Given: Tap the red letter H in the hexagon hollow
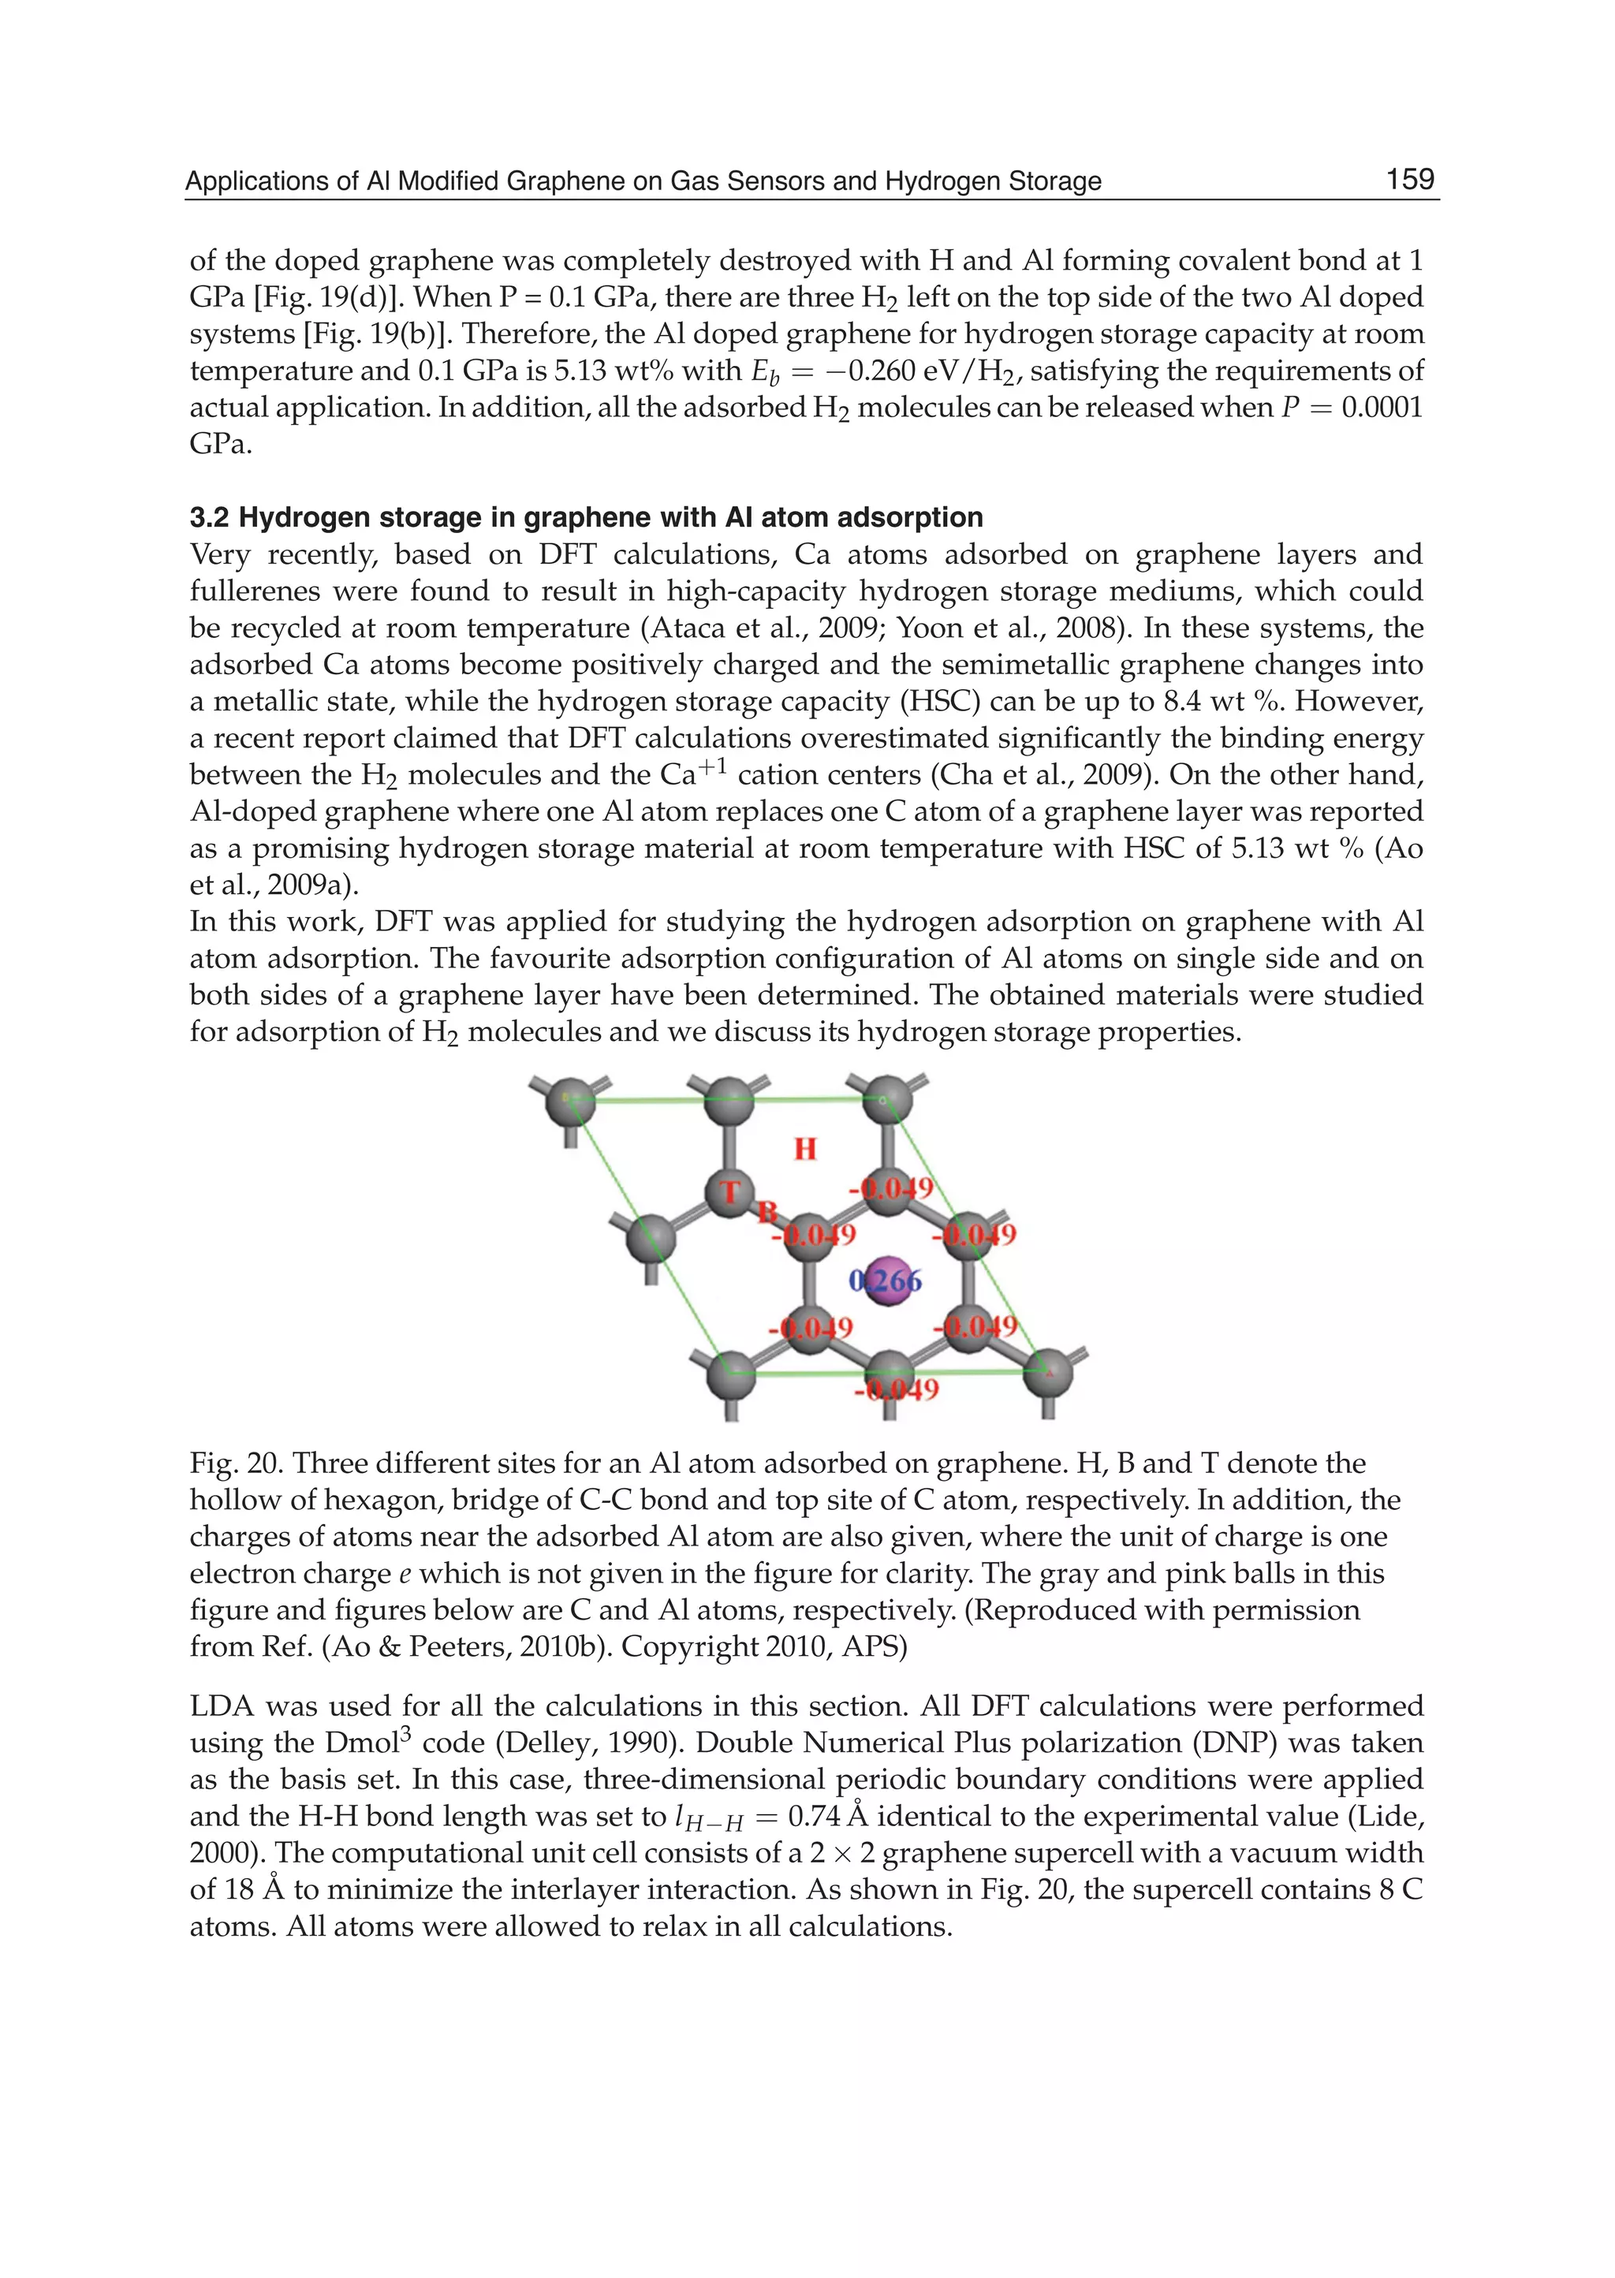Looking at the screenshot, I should pyautogui.click(x=804, y=1150).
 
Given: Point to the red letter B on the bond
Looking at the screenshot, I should pyautogui.click(x=766, y=1212).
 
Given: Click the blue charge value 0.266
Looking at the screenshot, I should pyautogui.click(x=884, y=1281).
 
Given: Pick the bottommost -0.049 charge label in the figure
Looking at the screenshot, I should pyautogui.click(x=896, y=1389).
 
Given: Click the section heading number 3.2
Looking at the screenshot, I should pyautogui.click(x=210, y=518).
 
